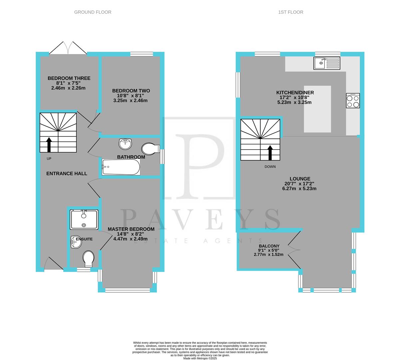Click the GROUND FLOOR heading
point(93,12)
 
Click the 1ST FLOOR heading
point(290,12)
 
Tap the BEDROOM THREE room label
point(69,78)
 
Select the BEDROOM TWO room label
point(131,91)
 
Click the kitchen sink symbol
point(326,63)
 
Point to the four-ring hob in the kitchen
point(353,100)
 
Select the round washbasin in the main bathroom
point(125,144)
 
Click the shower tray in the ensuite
point(84,219)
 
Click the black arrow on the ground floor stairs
point(49,145)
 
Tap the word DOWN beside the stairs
point(270,167)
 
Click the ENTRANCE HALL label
point(67,173)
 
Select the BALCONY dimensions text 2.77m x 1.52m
point(268,255)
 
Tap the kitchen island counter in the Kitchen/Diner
point(317,109)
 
